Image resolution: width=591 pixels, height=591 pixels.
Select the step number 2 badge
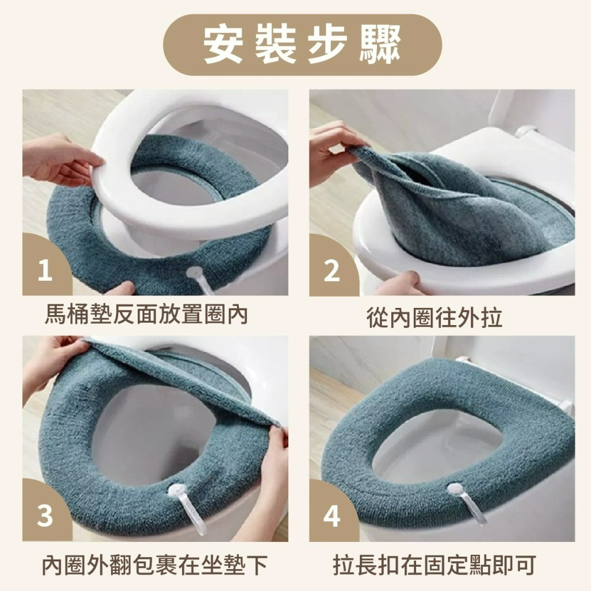[332, 271]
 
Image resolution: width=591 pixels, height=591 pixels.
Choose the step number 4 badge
[332, 516]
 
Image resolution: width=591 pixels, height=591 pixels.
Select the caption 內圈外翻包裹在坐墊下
[154, 565]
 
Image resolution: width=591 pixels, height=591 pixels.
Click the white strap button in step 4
[455, 489]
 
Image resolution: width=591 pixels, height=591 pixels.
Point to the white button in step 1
[196, 272]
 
